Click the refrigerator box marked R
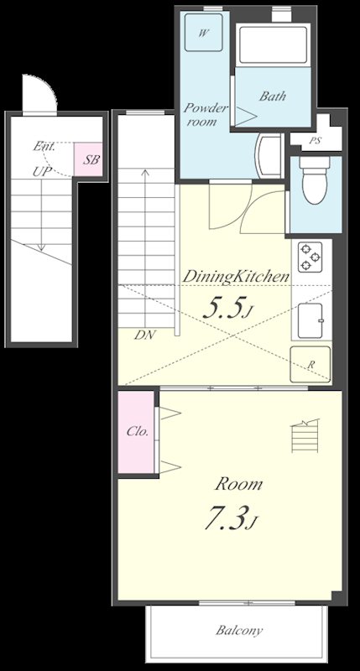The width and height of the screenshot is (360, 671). (310, 365)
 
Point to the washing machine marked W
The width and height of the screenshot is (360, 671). (204, 34)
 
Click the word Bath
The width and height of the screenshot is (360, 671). (272, 96)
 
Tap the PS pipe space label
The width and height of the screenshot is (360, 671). (315, 141)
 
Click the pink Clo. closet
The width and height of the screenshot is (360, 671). (137, 433)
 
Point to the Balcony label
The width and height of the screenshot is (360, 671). (238, 631)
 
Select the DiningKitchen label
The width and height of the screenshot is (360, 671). (237, 276)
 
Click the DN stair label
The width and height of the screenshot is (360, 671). (144, 335)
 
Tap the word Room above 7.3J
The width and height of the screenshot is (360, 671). (238, 484)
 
